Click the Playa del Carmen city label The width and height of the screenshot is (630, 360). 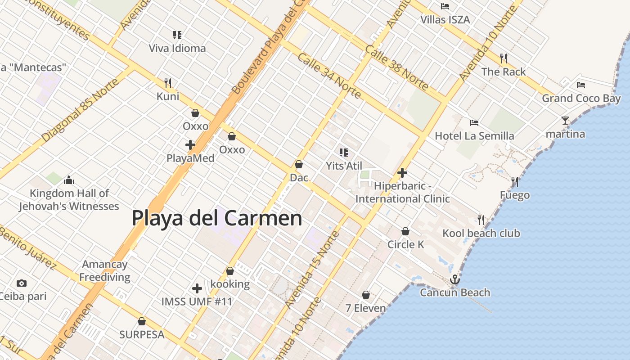(217, 218)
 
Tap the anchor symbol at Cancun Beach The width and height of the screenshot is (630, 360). (455, 280)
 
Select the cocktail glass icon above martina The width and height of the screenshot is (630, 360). (565, 121)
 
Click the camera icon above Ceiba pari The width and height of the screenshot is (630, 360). (21, 283)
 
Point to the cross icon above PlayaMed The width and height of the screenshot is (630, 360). (190, 145)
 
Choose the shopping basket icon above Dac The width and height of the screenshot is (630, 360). (298, 164)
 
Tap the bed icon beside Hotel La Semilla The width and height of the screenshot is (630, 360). (474, 122)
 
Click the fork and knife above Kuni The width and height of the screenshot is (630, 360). (168, 83)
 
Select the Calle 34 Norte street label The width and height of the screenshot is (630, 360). (329, 75)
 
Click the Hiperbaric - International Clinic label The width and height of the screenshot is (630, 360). (403, 192)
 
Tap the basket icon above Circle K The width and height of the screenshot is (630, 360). (405, 231)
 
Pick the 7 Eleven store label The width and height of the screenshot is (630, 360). (365, 308)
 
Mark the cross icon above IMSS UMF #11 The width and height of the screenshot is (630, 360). (197, 288)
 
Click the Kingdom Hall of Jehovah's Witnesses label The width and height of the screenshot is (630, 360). (69, 200)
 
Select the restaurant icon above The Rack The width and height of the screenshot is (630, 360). (504, 58)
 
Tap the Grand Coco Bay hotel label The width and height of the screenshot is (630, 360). (581, 98)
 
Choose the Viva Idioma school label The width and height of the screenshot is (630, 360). (177, 48)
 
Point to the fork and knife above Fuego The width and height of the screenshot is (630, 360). (515, 182)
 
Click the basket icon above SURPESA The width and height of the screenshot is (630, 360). (142, 321)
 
